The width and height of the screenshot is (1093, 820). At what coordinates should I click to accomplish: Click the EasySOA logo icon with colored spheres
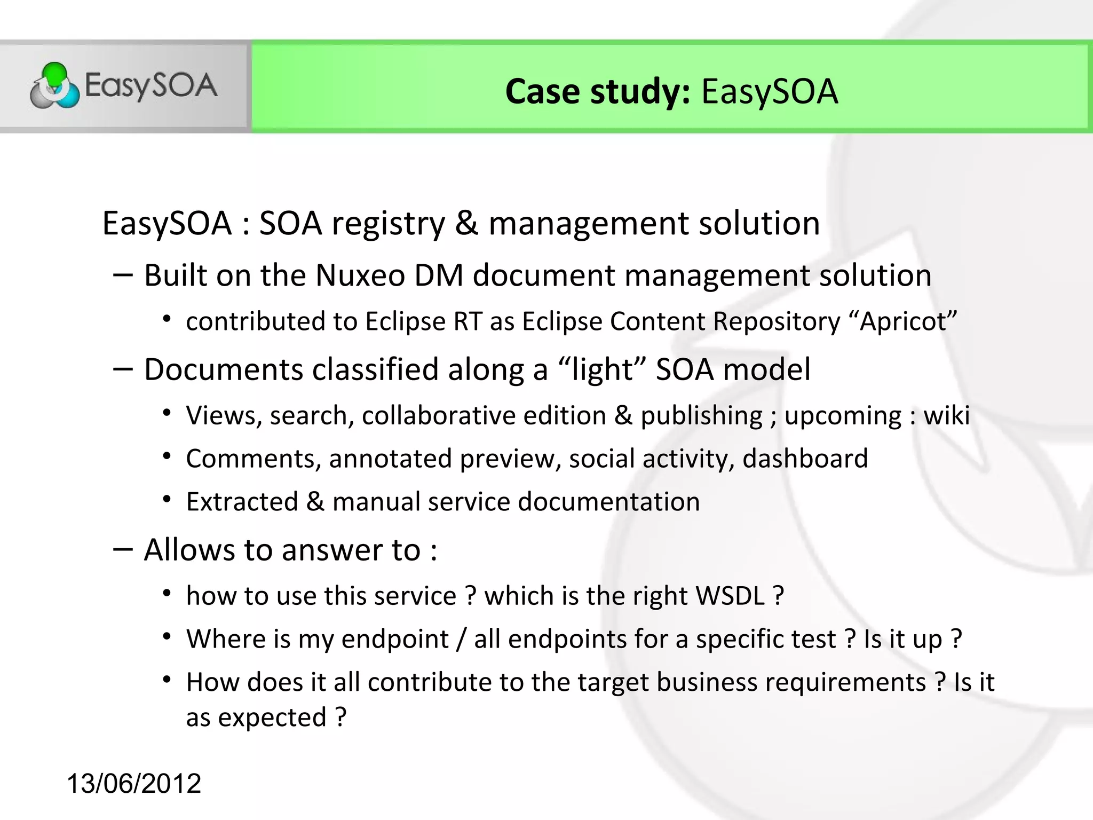(x=54, y=86)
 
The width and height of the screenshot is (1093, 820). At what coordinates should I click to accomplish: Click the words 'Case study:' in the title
(x=597, y=92)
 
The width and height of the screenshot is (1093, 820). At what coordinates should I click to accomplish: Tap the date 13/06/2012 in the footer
(x=134, y=784)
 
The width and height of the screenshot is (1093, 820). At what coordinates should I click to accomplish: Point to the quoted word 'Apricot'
(x=903, y=322)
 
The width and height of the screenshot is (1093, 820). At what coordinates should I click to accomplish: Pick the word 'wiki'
(x=946, y=416)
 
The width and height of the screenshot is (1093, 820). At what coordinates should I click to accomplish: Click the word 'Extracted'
(x=242, y=502)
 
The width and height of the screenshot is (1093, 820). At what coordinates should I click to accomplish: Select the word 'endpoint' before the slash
(x=395, y=640)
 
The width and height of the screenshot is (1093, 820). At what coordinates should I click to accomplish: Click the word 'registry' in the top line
(x=388, y=224)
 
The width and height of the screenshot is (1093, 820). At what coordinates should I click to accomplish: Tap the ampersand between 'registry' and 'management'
(x=467, y=224)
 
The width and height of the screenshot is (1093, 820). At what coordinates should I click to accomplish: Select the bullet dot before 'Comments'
(x=167, y=457)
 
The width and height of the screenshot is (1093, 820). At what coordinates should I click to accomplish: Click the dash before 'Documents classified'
(x=123, y=369)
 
